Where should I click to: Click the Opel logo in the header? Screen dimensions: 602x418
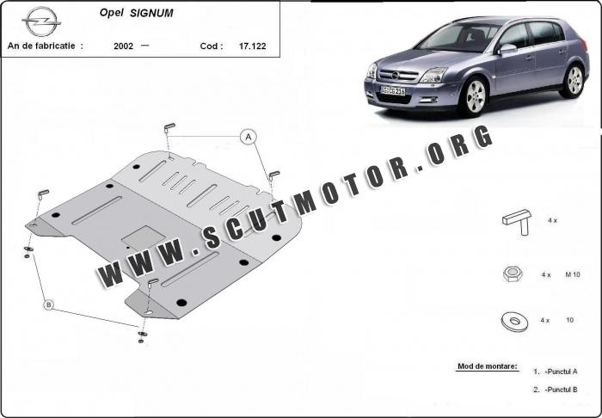[x=41, y=22]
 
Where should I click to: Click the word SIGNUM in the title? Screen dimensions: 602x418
[x=151, y=14]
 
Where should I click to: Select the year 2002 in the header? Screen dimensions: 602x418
[x=123, y=46]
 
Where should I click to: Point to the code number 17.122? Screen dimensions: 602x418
[x=252, y=46]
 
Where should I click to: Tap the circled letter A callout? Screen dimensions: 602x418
[x=249, y=137]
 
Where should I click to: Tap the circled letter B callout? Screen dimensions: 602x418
[x=48, y=304]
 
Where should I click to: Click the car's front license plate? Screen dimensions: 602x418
[x=392, y=90]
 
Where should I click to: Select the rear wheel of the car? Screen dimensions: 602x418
[x=574, y=80]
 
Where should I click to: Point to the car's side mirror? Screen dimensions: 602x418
[x=507, y=49]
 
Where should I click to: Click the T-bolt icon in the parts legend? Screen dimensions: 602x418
[x=517, y=222]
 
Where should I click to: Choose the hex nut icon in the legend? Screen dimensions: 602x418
[x=513, y=274]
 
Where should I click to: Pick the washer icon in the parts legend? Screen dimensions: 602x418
[x=514, y=322]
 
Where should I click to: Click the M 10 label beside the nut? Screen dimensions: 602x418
[x=573, y=274]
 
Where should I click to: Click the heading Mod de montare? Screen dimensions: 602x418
[x=488, y=366]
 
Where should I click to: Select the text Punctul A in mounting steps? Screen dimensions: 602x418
[x=562, y=372]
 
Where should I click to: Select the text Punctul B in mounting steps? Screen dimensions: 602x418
[x=562, y=390]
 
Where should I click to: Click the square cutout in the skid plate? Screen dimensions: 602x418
[x=144, y=237]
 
